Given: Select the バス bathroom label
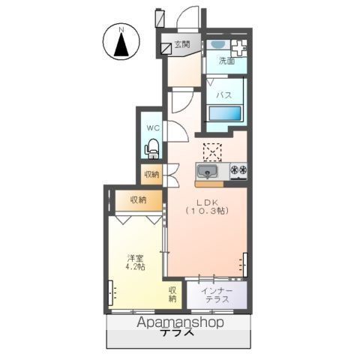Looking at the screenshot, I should [x=224, y=95].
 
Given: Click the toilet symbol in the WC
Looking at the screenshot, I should [x=153, y=148].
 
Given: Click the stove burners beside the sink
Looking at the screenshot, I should [x=238, y=171].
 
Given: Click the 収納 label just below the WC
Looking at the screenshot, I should [x=152, y=175].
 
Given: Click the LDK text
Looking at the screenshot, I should [x=208, y=202].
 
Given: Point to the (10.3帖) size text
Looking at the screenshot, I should [x=208, y=212].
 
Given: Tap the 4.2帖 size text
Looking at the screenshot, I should [x=135, y=267].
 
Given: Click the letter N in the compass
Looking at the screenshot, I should [x=121, y=30].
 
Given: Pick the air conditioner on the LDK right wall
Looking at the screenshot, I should [x=244, y=265].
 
